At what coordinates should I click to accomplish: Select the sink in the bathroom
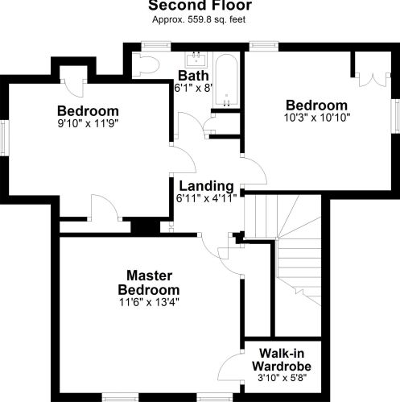(196, 60)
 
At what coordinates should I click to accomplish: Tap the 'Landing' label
(206, 185)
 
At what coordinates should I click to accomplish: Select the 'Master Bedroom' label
(148, 282)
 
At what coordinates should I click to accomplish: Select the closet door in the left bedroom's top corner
(70, 81)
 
